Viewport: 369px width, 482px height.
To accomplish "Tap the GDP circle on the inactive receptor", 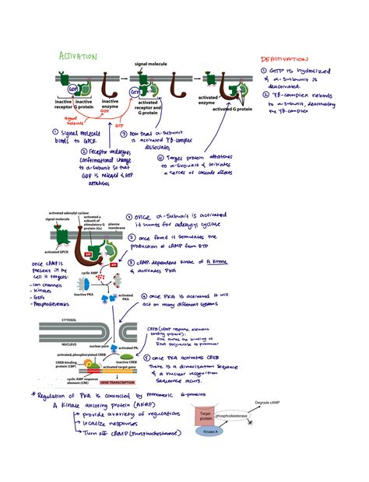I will [x=72, y=89].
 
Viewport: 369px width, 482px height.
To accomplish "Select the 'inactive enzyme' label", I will [x=111, y=103].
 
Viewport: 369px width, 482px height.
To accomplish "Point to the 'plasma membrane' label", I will [x=117, y=226].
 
